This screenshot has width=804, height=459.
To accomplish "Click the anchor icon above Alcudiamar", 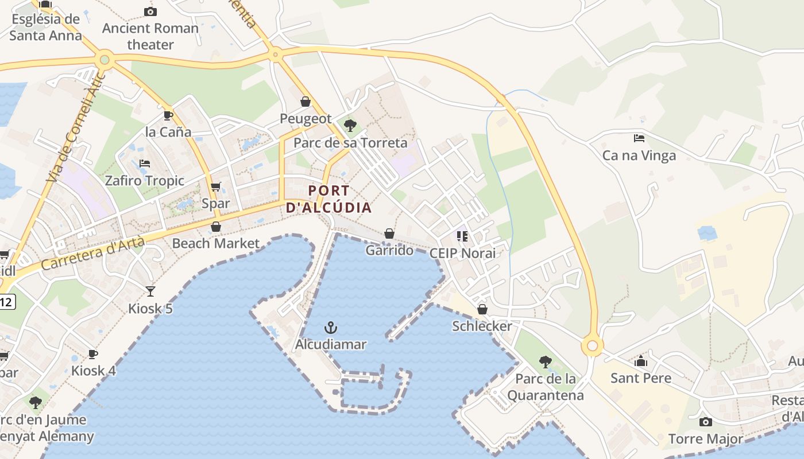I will (330, 328).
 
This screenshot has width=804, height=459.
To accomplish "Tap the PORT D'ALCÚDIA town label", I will (329, 199).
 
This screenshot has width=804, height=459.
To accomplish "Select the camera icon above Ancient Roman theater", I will (150, 11).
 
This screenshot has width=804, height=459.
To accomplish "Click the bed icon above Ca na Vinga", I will (639, 138).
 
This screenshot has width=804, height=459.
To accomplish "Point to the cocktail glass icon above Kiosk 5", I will (150, 291).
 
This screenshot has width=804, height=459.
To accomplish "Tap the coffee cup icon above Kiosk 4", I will (93, 354).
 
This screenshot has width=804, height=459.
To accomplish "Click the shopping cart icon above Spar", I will (216, 186).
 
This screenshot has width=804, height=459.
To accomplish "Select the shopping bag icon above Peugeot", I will (306, 102).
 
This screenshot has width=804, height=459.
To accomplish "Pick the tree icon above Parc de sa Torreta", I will (350, 125).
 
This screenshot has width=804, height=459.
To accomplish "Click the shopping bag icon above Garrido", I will (389, 234).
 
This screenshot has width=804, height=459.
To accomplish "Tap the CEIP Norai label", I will (462, 253).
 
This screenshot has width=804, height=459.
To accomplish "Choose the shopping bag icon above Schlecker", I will (482, 309).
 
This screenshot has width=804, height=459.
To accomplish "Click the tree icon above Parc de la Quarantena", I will (546, 361).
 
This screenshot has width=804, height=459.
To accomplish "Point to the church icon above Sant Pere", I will (641, 361).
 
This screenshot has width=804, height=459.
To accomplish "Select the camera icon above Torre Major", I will (706, 422).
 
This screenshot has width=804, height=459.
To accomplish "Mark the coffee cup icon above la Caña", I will (168, 115).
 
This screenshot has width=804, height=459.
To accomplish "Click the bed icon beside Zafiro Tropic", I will (145, 164).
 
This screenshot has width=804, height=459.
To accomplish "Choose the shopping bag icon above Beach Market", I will (216, 227).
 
